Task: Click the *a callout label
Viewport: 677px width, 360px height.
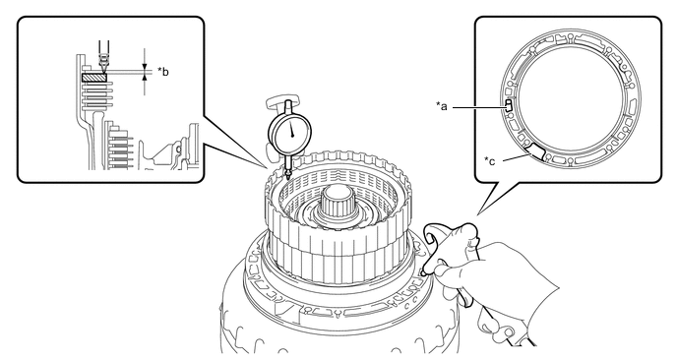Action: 441,106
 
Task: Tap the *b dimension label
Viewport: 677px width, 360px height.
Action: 163,71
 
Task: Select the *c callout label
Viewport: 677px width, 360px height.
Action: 490,161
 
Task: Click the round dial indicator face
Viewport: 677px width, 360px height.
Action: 289,134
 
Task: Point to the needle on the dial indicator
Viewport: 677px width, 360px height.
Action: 291,129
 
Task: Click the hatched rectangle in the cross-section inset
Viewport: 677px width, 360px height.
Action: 94,78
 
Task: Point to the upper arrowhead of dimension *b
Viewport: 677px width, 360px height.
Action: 145,67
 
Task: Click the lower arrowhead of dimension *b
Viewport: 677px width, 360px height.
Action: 145,77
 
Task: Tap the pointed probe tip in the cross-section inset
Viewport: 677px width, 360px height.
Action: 104,70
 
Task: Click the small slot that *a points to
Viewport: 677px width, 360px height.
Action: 508,105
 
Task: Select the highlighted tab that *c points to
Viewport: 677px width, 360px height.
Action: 535,150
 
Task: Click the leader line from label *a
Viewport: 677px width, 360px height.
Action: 478,106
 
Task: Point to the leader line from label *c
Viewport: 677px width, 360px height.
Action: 516,157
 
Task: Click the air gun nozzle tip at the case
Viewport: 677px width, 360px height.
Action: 423,271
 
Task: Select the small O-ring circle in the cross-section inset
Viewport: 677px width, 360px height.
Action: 179,149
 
